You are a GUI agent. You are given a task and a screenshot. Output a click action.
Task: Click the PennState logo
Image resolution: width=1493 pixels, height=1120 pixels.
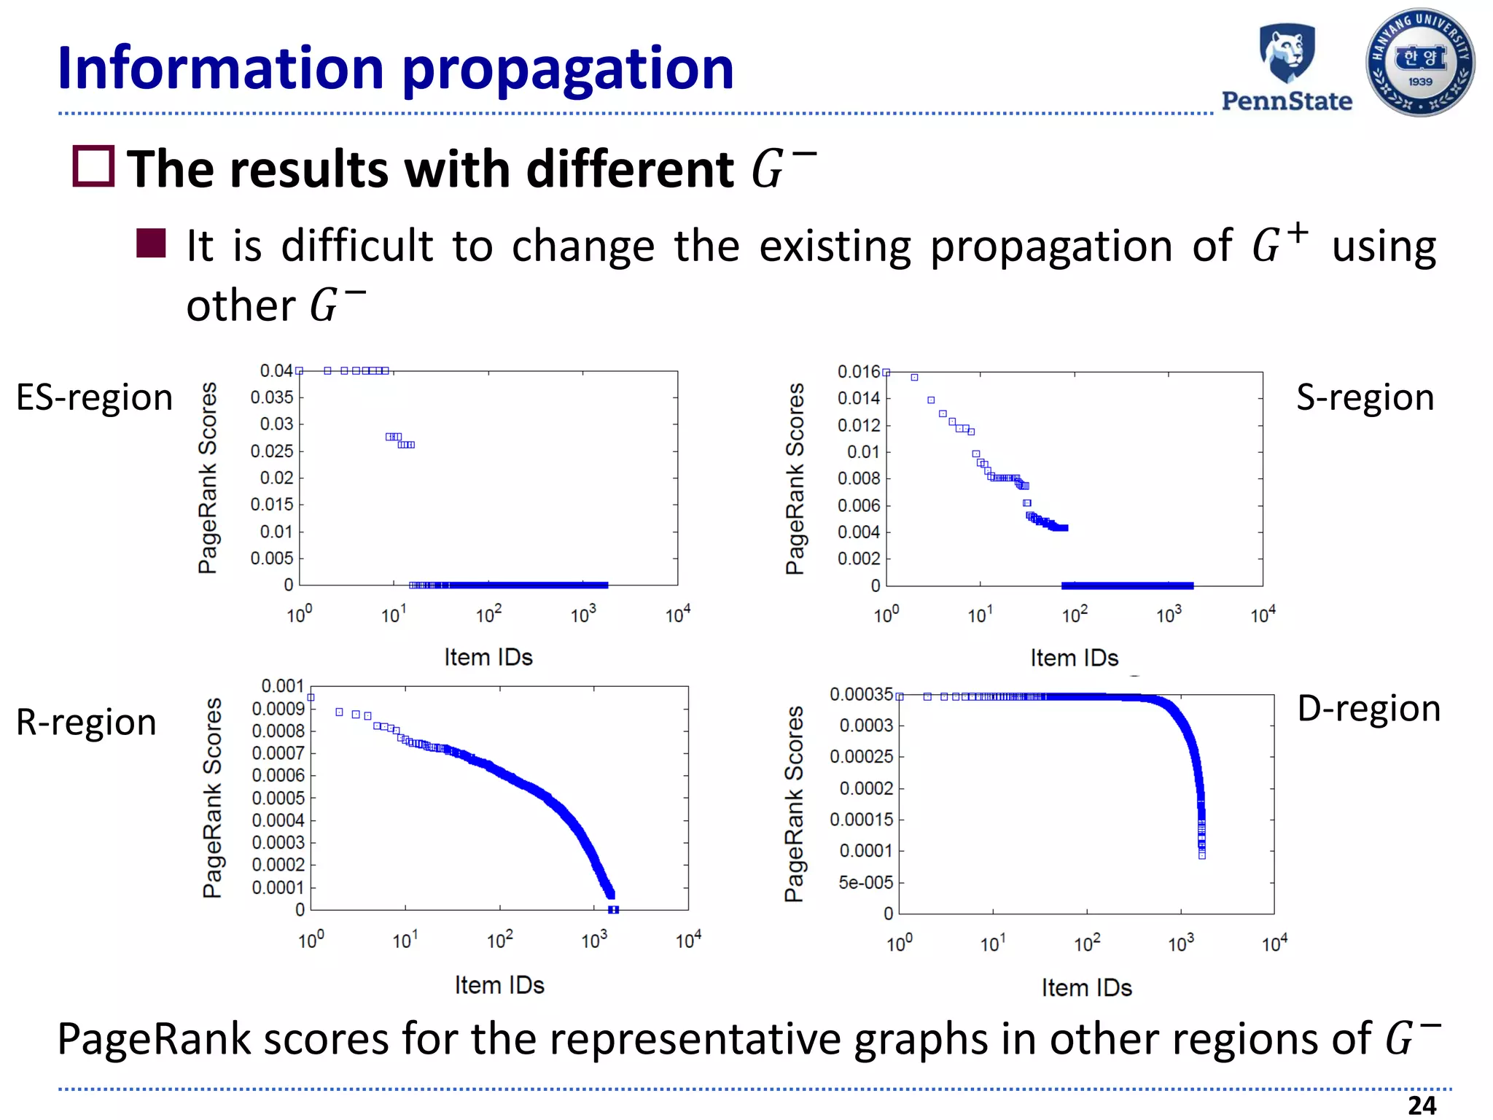[x=1287, y=67]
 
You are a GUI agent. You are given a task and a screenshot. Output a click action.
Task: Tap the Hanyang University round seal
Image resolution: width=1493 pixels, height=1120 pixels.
[x=1420, y=63]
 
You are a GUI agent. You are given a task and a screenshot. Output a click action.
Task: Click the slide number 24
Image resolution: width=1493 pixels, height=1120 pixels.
[x=1422, y=1105]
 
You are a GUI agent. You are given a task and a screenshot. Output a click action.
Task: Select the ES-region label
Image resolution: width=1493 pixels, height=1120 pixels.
[x=94, y=398]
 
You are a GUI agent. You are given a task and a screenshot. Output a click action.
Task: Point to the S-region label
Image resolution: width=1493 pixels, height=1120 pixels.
[x=1365, y=398]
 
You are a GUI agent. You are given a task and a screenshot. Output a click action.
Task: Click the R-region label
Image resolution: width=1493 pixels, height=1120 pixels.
[x=86, y=723]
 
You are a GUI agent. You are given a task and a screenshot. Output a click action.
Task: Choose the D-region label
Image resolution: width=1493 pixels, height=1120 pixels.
[x=1368, y=709]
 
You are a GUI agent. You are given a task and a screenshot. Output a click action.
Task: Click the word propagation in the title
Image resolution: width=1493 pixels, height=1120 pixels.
[x=568, y=69]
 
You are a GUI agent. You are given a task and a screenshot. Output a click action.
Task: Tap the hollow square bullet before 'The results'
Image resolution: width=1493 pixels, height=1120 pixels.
[x=93, y=166]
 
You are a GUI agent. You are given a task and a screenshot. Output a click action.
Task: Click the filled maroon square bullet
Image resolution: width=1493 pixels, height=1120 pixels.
[x=151, y=244]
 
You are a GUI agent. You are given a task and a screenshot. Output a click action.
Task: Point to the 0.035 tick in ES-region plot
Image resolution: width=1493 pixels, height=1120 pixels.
[x=272, y=397]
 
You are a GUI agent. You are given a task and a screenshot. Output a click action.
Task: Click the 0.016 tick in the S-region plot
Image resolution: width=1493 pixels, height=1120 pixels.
[x=859, y=372]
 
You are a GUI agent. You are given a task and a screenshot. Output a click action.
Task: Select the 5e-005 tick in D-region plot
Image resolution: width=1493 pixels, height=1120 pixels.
[x=865, y=883]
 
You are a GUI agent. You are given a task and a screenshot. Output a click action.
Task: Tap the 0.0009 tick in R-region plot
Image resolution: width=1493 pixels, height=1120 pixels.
[x=278, y=709]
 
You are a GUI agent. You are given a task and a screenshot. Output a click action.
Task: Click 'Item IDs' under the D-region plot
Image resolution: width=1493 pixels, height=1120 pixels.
[x=1086, y=988]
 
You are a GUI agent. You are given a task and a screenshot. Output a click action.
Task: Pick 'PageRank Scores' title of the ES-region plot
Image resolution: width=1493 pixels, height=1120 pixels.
[x=208, y=478]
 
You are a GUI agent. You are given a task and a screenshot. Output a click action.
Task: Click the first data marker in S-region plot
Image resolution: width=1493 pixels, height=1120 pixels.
[x=886, y=373]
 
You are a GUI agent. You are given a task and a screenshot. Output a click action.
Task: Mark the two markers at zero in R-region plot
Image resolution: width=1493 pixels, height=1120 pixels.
[x=613, y=909]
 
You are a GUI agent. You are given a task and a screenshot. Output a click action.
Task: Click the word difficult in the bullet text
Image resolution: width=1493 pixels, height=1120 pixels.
[x=357, y=246]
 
